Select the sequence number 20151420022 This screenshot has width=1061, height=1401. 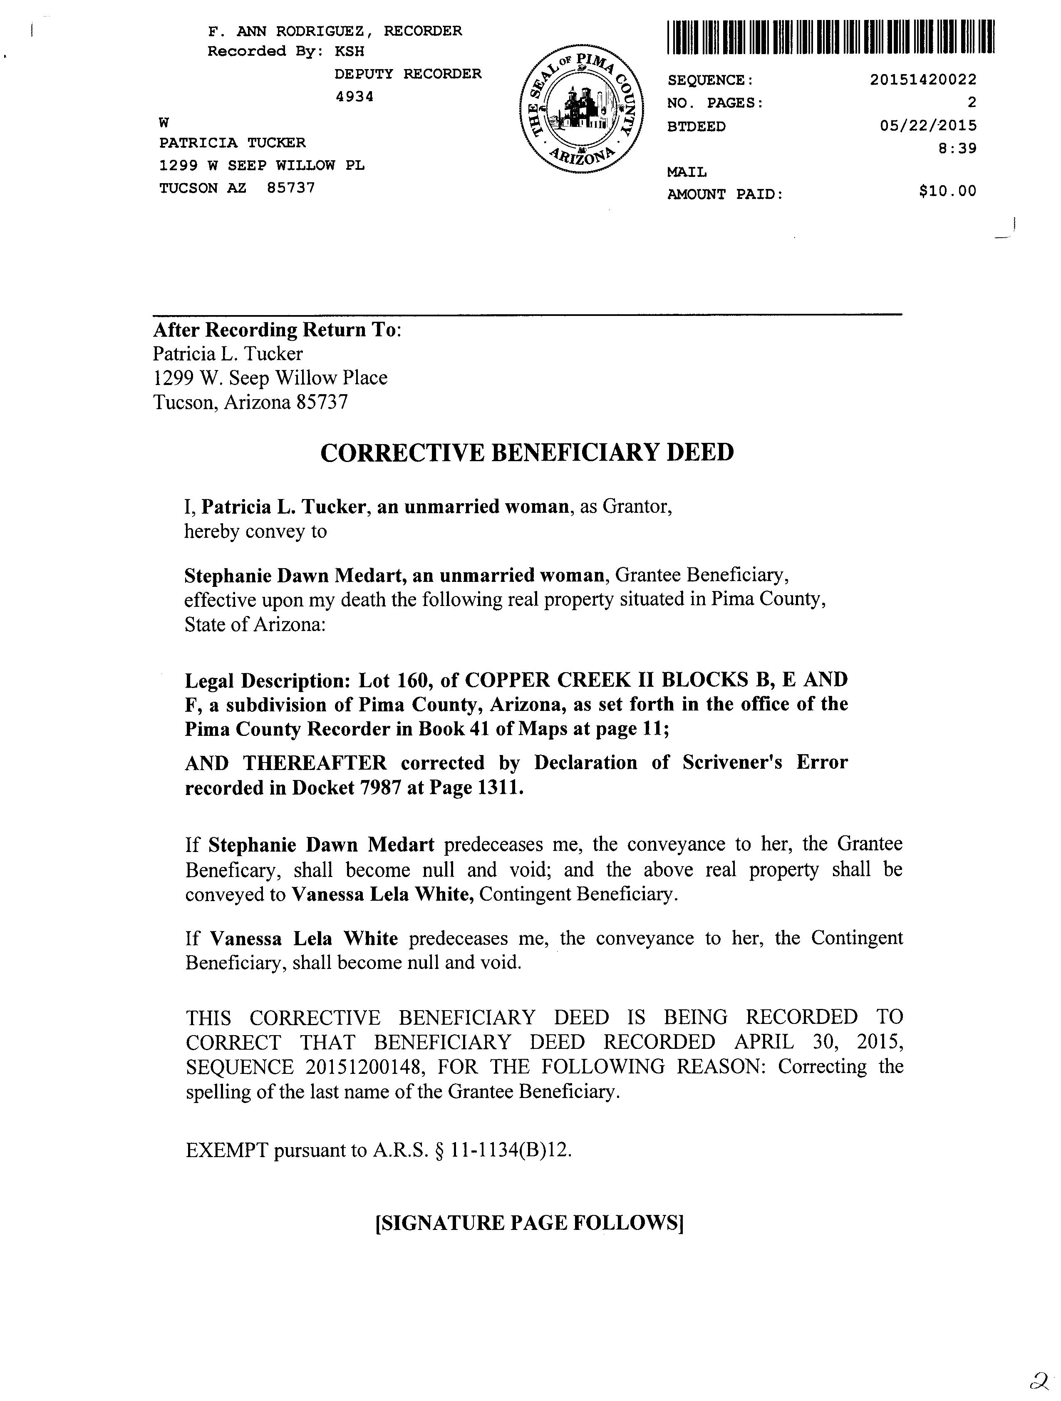pyautogui.click(x=923, y=80)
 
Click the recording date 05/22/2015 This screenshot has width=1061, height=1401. pyautogui.click(x=928, y=125)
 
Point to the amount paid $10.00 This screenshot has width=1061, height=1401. pyautogui.click(x=948, y=191)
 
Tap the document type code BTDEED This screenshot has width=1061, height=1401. pyautogui.click(x=697, y=127)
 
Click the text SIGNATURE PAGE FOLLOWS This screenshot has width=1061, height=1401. pyautogui.click(x=530, y=1222)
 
